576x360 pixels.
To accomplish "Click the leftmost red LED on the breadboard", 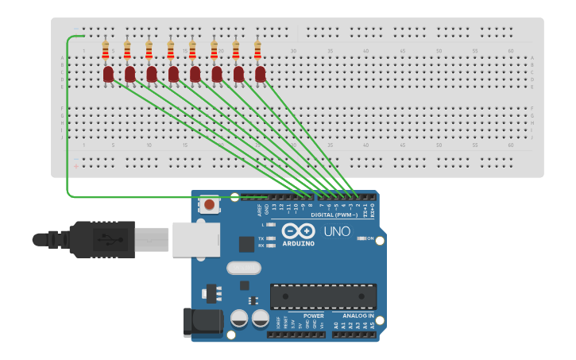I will click(108, 74).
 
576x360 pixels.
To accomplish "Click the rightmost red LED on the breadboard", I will click(260, 74).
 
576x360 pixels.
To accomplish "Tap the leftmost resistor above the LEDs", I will click(106, 51).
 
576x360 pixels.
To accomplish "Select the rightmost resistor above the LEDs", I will click(257, 51).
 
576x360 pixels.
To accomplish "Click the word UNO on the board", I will click(337, 232).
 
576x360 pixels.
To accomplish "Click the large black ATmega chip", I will click(323, 296).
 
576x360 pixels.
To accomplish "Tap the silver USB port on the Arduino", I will click(195, 239).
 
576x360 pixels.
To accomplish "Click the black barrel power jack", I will click(203, 322).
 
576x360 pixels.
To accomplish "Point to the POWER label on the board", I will click(314, 316).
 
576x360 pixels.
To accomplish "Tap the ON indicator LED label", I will click(369, 238).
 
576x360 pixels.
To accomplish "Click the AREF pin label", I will click(259, 209).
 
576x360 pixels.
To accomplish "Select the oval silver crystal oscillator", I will click(243, 268).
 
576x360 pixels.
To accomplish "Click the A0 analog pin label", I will click(336, 326).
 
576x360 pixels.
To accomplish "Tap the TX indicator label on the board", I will click(261, 238).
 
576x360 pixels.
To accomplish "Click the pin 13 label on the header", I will click(274, 208).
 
